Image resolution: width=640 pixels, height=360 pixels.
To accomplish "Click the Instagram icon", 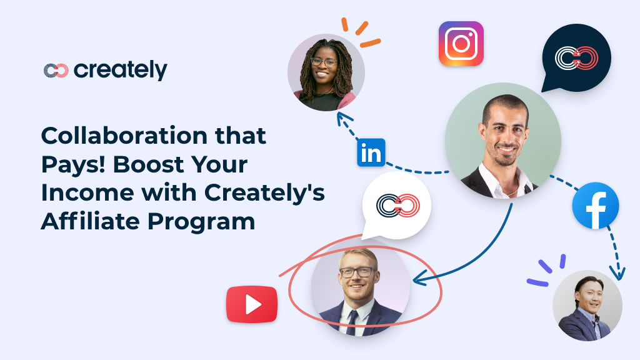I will click(461, 44).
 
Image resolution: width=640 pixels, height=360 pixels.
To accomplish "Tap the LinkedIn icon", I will click(371, 152).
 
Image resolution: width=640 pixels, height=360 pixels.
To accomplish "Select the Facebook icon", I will click(596, 206).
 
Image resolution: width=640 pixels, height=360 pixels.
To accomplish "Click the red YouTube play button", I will click(252, 304).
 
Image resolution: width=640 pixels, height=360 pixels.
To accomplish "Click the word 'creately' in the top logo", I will click(121, 70).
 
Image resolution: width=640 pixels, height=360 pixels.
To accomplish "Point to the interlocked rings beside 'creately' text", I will click(56, 70).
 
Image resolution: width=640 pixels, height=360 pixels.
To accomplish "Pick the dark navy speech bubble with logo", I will click(576, 58).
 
